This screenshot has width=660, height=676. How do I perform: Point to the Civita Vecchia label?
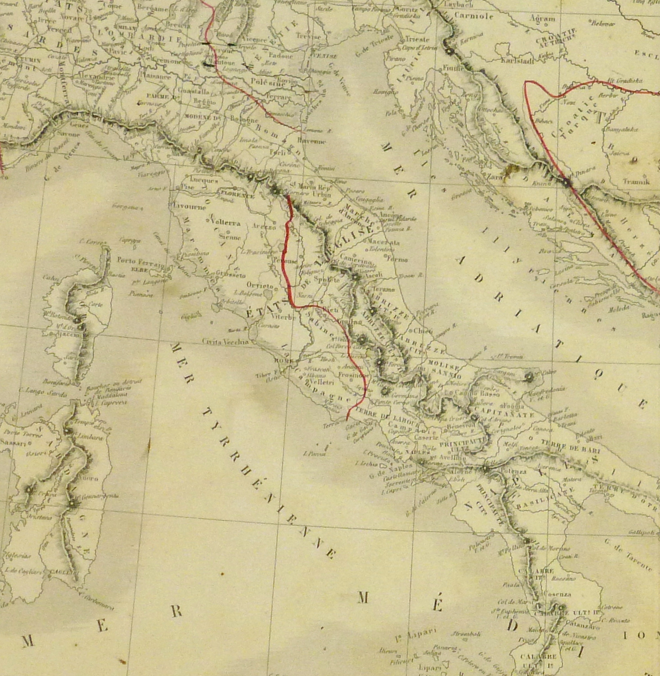click(225, 341)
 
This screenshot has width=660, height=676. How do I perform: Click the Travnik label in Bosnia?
click(636, 181)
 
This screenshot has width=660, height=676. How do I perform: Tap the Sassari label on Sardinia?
click(14, 442)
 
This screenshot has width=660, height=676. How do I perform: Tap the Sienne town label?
click(230, 237)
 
